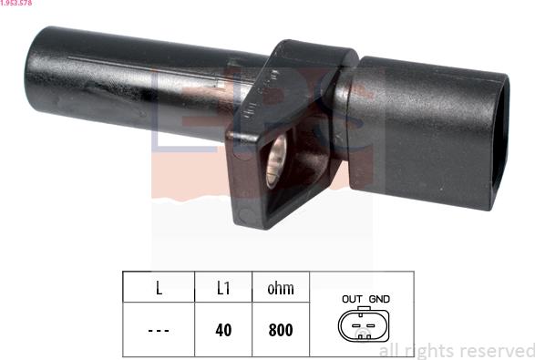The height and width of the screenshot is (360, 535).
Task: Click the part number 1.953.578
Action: pos(18,4)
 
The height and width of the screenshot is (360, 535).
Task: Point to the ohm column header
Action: pos(281,288)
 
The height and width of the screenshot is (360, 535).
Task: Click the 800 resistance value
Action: pos(281,329)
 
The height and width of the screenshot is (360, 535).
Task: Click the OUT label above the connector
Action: pos(352,299)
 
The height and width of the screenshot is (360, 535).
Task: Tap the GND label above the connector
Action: pos(379,299)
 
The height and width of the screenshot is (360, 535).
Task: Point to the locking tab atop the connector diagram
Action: pos(365,310)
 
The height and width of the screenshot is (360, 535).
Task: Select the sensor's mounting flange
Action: pos(273,137)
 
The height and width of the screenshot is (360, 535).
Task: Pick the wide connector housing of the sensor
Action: pos(419,132)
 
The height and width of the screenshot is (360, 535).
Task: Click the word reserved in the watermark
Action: pos(495,350)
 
